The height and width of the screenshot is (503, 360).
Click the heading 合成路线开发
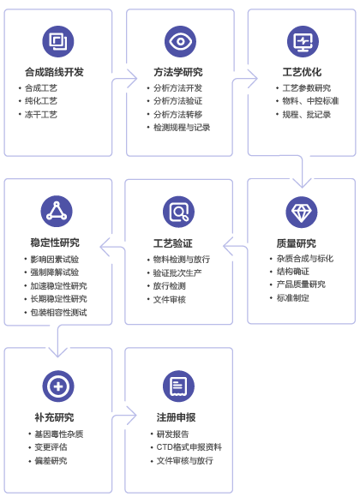[54, 72]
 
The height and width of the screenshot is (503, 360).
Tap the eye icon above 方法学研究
[180, 42]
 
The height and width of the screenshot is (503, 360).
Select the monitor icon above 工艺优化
[303, 42]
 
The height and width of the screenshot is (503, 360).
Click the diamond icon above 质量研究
[301, 212]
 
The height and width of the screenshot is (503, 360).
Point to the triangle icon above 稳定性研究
[57, 212]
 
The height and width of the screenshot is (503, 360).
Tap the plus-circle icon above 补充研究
[58, 386]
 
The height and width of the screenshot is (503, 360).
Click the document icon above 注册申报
[179, 386]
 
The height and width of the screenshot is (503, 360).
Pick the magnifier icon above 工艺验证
[179, 212]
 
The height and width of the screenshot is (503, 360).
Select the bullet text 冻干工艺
[41, 115]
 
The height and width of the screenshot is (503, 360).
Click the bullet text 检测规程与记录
[182, 128]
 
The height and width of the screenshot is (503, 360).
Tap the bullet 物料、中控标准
[310, 101]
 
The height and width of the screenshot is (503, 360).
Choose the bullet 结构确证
[293, 272]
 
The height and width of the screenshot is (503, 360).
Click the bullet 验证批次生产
[177, 272]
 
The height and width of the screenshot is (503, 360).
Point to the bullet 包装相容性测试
[59, 312]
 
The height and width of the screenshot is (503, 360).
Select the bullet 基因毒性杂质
[59, 434]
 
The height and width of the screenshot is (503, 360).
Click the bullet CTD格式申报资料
[189, 446]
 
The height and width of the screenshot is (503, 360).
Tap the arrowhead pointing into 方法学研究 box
[132, 79]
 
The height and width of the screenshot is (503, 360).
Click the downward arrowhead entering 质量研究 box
[302, 183]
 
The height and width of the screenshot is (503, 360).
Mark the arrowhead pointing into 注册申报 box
[132, 416]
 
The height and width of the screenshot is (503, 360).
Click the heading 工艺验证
[172, 243]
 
